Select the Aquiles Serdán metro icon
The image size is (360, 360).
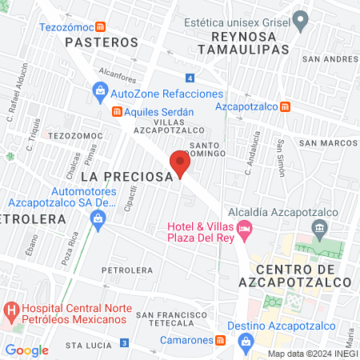[x=116, y=112]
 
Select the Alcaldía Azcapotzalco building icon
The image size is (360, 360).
[x=319, y=230]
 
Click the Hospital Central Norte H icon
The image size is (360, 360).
[x=12, y=309]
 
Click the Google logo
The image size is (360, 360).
[x=27, y=350]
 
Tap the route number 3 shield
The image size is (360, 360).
[x=124, y=343]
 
